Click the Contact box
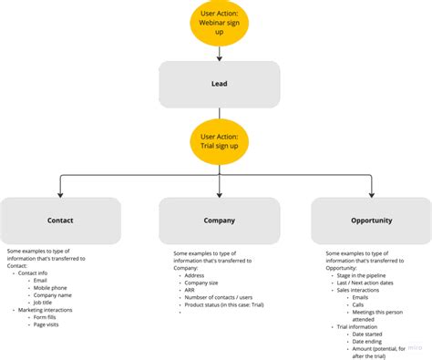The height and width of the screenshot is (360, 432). (60, 220)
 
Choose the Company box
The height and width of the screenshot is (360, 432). (219, 220)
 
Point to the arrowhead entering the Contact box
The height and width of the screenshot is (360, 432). (60, 193)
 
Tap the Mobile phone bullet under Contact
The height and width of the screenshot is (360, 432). (52, 287)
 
